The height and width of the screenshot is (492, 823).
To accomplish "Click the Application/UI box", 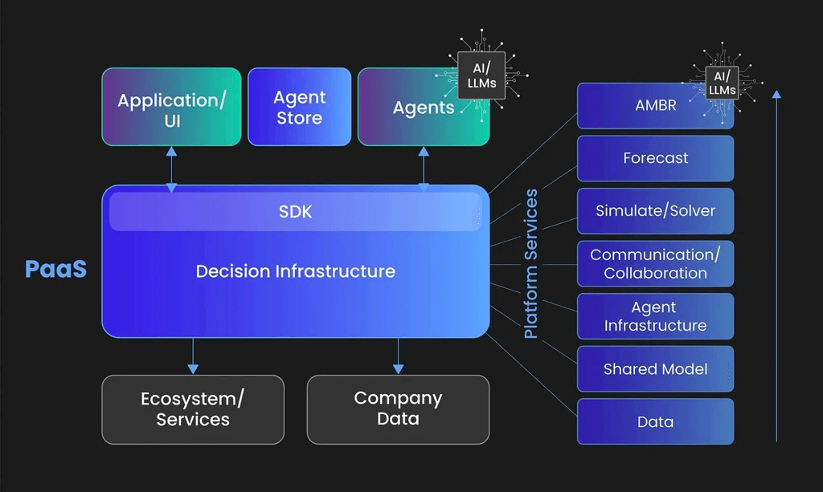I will pos(171,108).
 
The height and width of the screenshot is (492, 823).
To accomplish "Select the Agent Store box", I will pos(299,108).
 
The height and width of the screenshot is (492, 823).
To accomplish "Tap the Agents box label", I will pos(423,108).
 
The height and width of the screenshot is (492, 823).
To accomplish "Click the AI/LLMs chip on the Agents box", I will pos(481,75).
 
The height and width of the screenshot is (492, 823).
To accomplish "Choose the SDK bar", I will pos(295,212).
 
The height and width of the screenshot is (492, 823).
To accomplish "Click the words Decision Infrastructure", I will pos(295,271).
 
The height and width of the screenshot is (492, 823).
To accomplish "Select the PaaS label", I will pos(55,269).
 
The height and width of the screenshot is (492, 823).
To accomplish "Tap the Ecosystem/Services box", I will pos(193,409).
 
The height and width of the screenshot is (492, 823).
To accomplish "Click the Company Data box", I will pos(398,409).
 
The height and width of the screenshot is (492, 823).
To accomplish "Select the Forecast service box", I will pos(655,158).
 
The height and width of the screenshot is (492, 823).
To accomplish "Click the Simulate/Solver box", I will pos(655,211).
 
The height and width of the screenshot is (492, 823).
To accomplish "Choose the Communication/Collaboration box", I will pos(655,264).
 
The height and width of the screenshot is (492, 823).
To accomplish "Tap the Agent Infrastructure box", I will pos(655,316).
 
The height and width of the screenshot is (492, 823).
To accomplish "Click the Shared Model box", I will pos(655,369).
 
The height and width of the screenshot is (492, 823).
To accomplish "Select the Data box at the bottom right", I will pos(655,422).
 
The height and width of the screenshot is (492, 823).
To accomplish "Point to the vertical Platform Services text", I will pos(531,264).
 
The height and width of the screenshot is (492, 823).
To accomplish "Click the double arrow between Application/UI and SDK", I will pos(171,169).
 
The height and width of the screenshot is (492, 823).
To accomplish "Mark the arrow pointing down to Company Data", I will pos(398,356).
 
